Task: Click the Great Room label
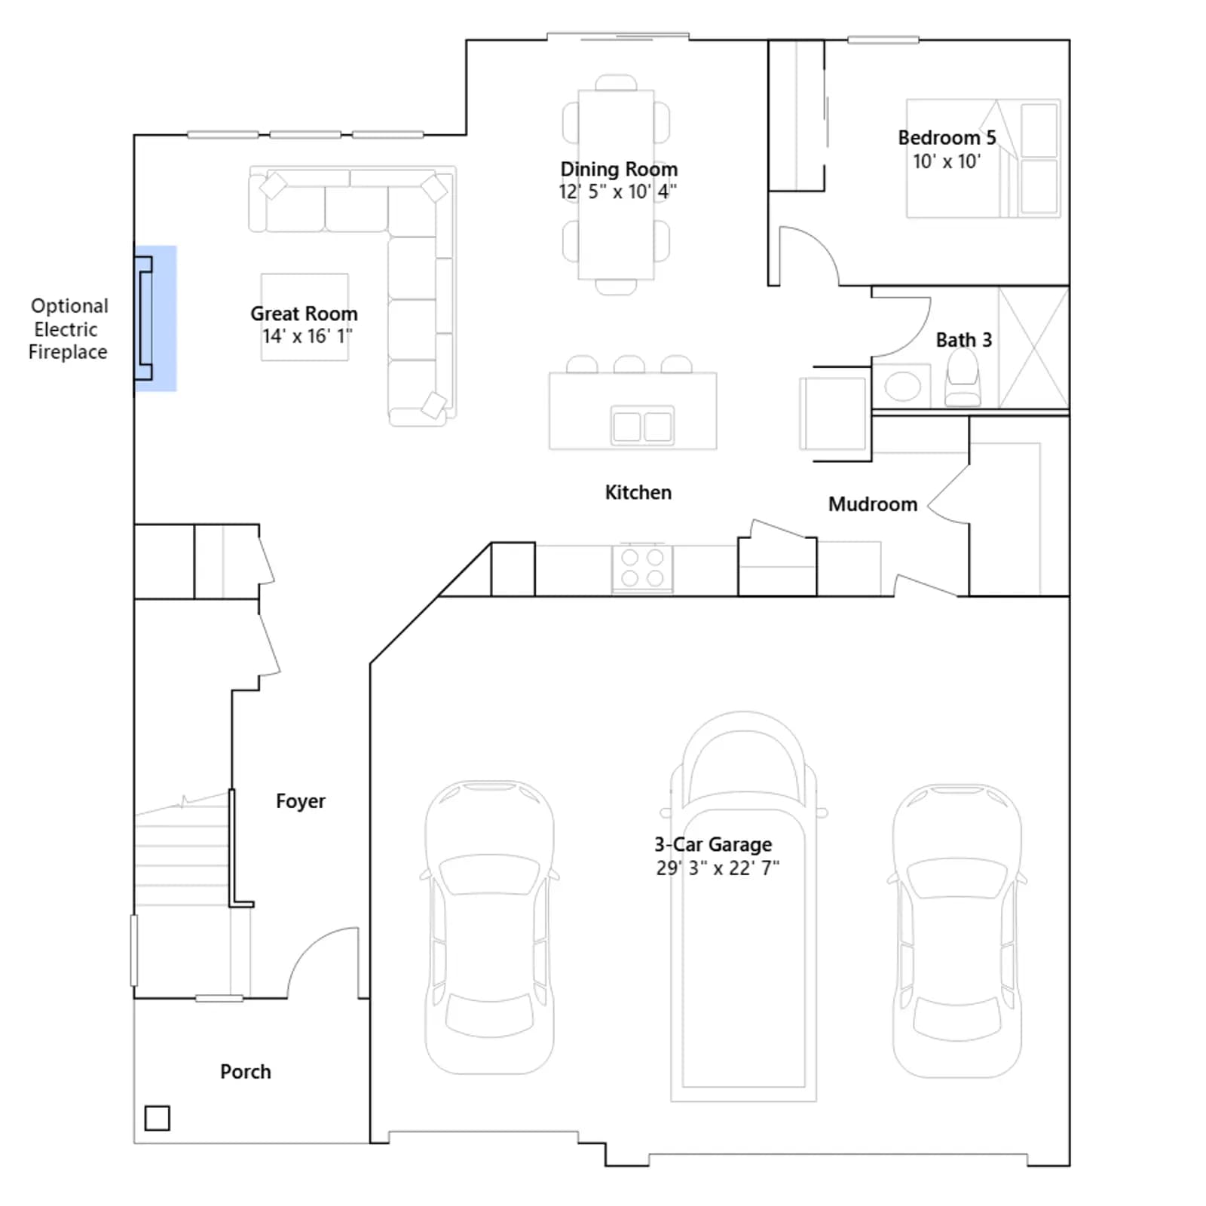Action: click(304, 314)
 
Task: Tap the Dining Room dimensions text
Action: click(617, 191)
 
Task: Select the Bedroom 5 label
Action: click(947, 138)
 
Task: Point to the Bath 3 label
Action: click(964, 340)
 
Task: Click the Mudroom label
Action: click(873, 504)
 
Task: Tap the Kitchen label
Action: click(638, 492)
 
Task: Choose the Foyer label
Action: click(301, 801)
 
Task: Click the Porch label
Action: click(246, 1071)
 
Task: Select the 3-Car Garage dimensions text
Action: click(718, 868)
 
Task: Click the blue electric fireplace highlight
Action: click(156, 319)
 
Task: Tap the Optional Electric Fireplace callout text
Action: click(69, 329)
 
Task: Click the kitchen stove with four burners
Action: click(642, 568)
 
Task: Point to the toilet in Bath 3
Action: click(963, 379)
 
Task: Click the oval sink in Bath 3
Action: click(903, 387)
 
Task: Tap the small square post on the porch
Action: click(157, 1118)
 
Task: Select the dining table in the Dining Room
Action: click(616, 185)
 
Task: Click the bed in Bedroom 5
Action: click(983, 158)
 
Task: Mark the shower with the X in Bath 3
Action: click(1033, 348)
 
